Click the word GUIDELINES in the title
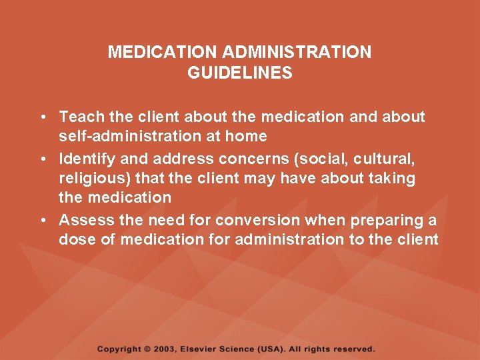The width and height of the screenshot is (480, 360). pos(240,73)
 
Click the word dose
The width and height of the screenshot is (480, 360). pos(77,240)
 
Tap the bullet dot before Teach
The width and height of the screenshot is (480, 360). pos(42,117)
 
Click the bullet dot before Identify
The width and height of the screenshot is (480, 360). pos(42,159)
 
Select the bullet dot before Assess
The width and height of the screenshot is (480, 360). pos(42,221)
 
